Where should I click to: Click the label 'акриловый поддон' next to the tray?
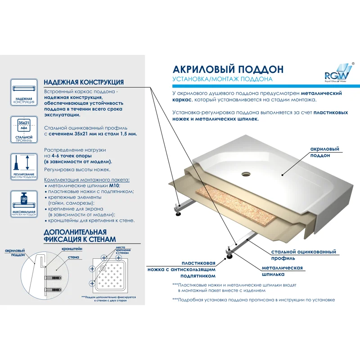324,152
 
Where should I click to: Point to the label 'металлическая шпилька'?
282,270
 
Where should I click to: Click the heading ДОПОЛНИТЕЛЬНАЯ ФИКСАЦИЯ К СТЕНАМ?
79,235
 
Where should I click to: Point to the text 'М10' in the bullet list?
114,185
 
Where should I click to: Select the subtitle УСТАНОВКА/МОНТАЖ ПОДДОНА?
222,79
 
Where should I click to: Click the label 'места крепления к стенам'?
123,251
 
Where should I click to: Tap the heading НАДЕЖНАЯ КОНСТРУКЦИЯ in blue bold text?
84,82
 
